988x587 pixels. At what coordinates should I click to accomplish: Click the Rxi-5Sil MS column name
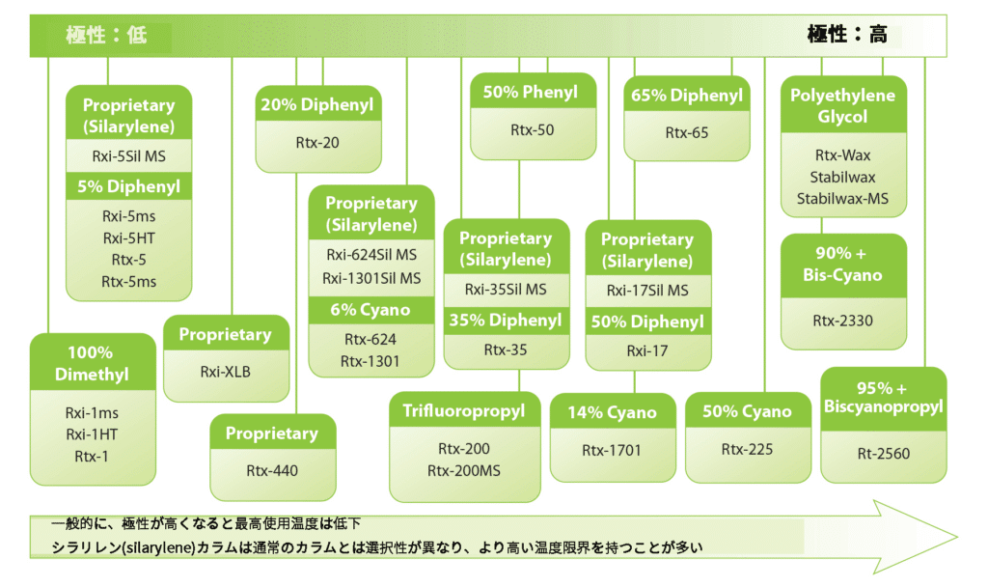(128, 154)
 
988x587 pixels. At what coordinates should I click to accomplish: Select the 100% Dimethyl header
(92, 363)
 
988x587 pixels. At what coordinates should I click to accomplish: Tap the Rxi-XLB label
(225, 371)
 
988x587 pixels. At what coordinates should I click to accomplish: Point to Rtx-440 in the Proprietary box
(272, 470)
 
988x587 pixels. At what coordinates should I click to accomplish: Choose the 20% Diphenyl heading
(318, 104)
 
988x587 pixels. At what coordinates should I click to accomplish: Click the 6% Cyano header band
(371, 310)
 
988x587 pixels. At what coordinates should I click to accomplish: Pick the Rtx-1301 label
(371, 361)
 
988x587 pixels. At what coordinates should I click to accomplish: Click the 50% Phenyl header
(531, 93)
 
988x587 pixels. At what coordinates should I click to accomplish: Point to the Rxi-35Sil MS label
(506, 290)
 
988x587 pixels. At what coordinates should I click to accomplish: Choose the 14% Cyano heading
(612, 413)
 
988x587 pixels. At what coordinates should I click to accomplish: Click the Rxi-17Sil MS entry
(647, 290)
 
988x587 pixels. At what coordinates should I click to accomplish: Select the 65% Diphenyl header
(687, 96)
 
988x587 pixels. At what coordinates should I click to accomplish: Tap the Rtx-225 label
(747, 449)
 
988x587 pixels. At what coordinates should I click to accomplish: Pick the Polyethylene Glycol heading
(842, 106)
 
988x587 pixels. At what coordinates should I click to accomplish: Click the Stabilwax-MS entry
(842, 199)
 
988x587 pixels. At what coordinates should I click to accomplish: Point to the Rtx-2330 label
(842, 321)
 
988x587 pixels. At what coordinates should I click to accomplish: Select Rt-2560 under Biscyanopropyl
(883, 453)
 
